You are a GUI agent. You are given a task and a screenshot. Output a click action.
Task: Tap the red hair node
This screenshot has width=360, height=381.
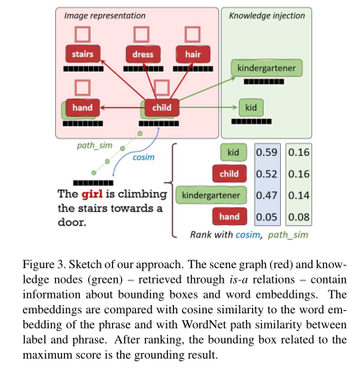193,54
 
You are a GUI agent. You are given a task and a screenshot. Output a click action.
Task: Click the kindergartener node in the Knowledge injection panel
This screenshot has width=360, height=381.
265,67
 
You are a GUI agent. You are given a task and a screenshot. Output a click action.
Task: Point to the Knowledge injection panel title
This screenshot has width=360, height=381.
268,14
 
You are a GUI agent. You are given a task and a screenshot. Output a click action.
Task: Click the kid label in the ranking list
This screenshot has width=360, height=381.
235,152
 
